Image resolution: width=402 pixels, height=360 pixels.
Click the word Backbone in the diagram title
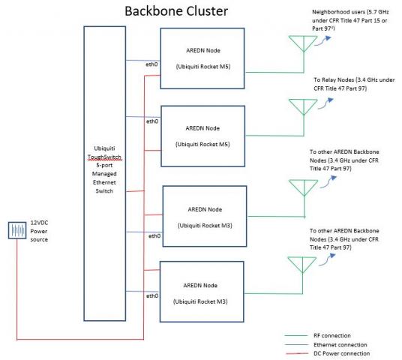pos(154,11)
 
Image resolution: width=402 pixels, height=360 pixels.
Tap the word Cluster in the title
pos(207,11)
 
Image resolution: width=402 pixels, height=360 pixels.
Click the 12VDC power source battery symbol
pos(17,230)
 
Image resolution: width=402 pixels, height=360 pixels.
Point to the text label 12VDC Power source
pos(39,231)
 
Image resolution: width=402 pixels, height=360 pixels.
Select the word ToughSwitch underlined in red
pos(104,157)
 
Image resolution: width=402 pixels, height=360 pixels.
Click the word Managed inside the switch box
pos(104,174)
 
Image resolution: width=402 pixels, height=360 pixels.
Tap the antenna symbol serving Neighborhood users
pos(303,43)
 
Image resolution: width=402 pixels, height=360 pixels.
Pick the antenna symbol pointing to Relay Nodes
pos(303,106)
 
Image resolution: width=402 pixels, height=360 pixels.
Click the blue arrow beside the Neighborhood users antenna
pos(322,41)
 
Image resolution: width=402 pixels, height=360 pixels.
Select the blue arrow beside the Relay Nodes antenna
pos(325,103)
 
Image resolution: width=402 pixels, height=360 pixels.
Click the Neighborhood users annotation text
pos(350,20)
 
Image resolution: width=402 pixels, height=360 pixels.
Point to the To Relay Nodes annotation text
pos(354,84)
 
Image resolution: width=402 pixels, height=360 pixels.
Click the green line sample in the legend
pos(296,335)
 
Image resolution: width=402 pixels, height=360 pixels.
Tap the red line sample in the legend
pos(297,353)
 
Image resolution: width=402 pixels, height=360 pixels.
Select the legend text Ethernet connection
pos(340,344)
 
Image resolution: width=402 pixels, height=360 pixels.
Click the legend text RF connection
pos(332,335)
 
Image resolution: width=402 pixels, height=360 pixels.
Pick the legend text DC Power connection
pos(341,353)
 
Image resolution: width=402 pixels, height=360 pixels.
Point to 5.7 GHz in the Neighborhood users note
pos(379,12)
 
